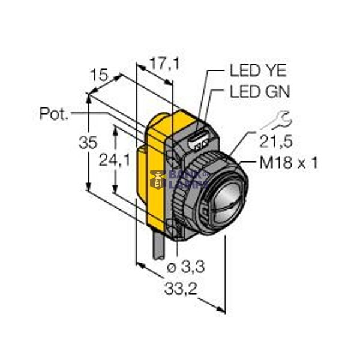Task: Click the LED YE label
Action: point(259,71)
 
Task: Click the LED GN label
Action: point(260,92)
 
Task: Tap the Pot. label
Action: point(54,113)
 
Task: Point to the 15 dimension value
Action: point(100,76)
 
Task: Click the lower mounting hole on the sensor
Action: point(178,229)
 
